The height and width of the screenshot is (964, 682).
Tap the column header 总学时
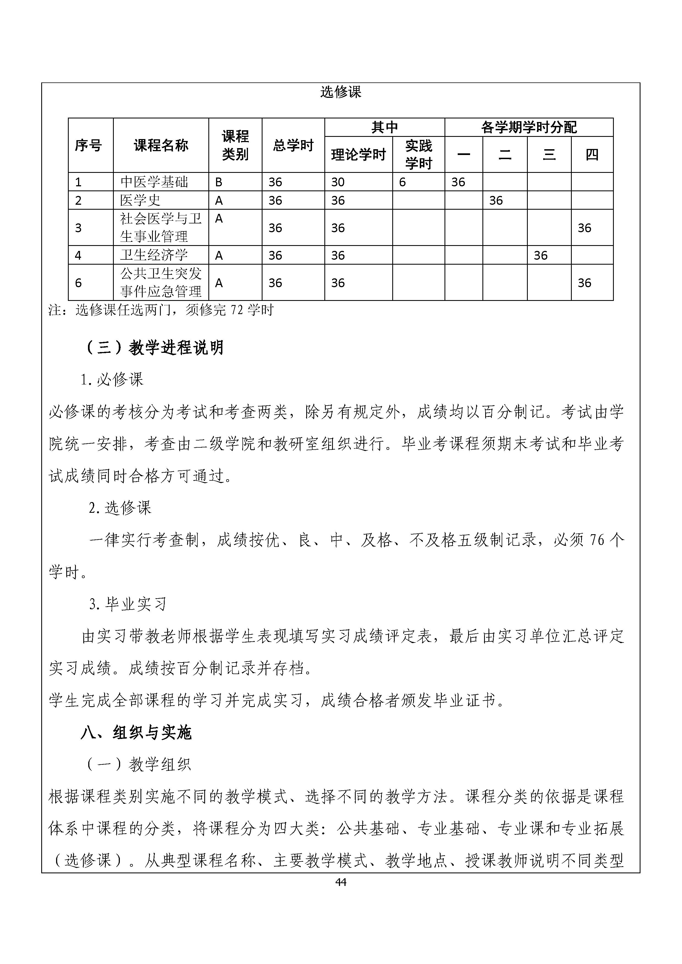pyautogui.click(x=293, y=145)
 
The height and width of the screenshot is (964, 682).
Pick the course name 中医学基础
pyautogui.click(x=154, y=182)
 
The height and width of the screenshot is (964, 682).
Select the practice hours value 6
pyautogui.click(x=402, y=182)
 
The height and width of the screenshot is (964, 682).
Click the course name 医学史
pyautogui.click(x=140, y=200)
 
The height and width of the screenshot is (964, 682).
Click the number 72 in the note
pyautogui.click(x=237, y=310)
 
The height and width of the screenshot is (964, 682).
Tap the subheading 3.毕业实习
pyautogui.click(x=128, y=604)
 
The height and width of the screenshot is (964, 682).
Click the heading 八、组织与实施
pyautogui.click(x=136, y=733)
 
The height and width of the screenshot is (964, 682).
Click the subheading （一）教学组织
pyautogui.click(x=139, y=764)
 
